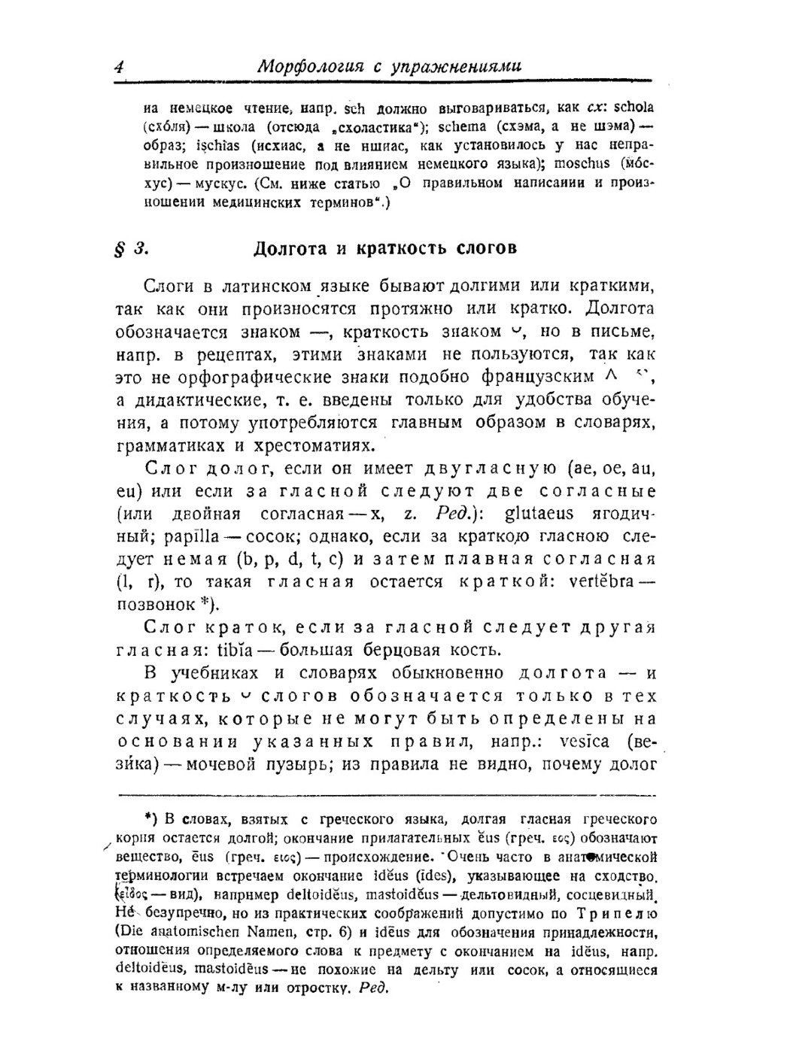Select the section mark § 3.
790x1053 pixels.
click(x=126, y=248)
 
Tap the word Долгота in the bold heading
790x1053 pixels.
click(x=289, y=248)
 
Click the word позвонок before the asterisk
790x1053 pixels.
click(x=156, y=605)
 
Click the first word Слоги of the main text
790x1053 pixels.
click(x=169, y=287)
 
